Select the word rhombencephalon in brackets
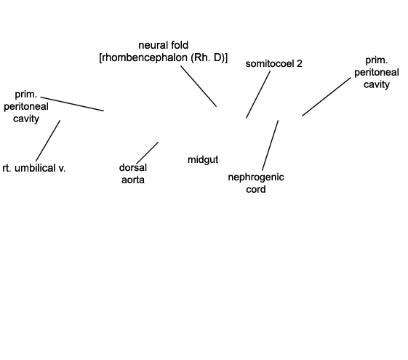coord(144,57)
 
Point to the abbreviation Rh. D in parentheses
coord(208,57)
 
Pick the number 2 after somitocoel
coord(300,64)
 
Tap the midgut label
coord(203,160)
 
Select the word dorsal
coord(133,167)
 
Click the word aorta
coord(133,180)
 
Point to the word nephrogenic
coord(256,177)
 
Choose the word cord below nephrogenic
coord(256,189)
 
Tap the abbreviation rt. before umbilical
coord(7,169)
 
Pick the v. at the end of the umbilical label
coord(62,169)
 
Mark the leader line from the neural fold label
coord(199,86)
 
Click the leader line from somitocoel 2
coord(258,95)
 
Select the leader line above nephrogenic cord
coord(271,145)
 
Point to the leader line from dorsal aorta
coord(148,153)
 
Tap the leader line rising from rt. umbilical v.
coord(48,140)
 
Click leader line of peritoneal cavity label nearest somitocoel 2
coord(327,97)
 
